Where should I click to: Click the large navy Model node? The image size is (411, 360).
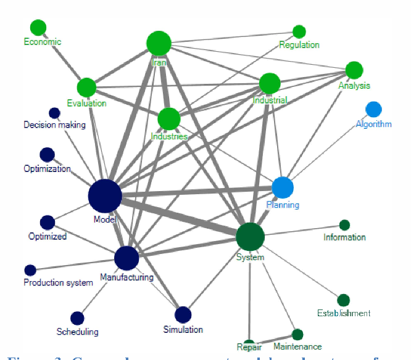point(105,196)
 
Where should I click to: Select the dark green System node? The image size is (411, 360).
point(251,236)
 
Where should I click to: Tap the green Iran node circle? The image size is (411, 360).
point(159,43)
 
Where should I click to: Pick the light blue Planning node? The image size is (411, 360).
point(283,187)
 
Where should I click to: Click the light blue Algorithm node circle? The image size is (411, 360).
point(373,110)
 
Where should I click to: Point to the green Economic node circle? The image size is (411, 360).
point(38,28)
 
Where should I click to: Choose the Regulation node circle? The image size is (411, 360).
point(299,31)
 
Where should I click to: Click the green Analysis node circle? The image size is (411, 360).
point(354,69)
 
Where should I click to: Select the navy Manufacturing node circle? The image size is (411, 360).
point(127,258)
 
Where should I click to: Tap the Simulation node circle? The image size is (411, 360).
point(183,315)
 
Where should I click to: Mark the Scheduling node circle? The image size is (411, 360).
point(77,318)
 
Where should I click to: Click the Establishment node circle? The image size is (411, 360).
point(344,300)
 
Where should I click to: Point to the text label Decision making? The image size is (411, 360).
point(54,125)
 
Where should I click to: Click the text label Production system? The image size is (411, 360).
point(58,283)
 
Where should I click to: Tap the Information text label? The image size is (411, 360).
point(344,237)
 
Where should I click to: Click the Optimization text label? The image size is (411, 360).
point(47,169)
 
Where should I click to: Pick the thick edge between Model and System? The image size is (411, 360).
point(179,216)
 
